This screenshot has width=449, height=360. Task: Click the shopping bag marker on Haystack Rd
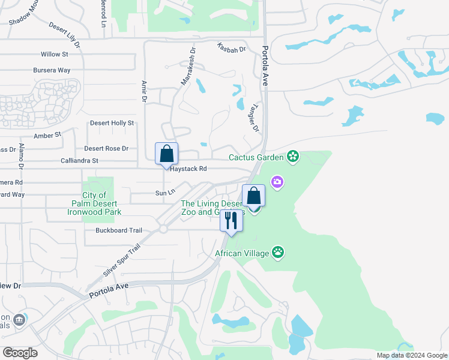[x=166, y=154]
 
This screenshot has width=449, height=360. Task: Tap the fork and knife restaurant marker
[x=231, y=221]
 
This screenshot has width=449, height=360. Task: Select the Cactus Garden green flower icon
[x=293, y=157]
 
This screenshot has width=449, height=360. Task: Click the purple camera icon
[x=277, y=181]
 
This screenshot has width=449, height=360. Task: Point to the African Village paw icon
[x=278, y=253]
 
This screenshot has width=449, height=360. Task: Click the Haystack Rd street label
[x=188, y=169]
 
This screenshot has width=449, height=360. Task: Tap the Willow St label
[x=54, y=54]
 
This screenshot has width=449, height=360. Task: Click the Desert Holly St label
[x=112, y=123]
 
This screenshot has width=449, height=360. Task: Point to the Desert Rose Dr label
[x=106, y=148]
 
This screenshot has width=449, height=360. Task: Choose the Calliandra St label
[x=79, y=161]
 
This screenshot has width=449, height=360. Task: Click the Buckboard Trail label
[x=118, y=230]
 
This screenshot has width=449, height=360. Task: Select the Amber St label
[x=48, y=136]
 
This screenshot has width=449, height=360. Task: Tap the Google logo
[x=20, y=352]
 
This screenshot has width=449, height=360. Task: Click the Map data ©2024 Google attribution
[x=411, y=355]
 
